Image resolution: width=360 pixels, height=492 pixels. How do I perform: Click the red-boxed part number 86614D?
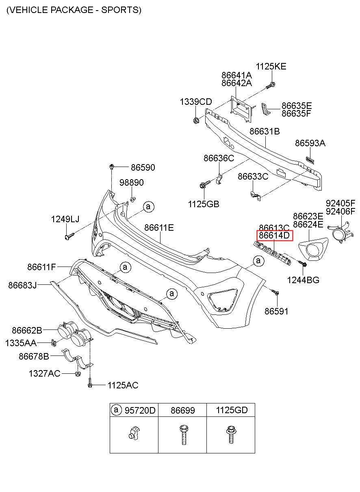pyautogui.click(x=274, y=236)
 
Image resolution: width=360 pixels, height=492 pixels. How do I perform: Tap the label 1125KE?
pyautogui.click(x=271, y=66)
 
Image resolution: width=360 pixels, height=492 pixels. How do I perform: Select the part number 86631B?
pyautogui.click(x=265, y=131)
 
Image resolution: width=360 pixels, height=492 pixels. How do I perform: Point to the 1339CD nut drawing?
pyautogui.click(x=196, y=120)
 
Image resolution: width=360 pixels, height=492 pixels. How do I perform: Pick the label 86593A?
pyautogui.click(x=310, y=143)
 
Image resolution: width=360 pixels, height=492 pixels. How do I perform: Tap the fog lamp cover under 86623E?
pyautogui.click(x=313, y=249)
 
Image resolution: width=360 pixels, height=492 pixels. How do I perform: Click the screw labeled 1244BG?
pyautogui.click(x=302, y=263)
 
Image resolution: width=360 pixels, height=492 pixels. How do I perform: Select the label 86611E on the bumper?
pyautogui.click(x=159, y=228)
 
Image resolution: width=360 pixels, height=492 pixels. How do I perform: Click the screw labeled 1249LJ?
pyautogui.click(x=69, y=236)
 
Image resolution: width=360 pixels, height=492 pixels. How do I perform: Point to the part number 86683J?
pyautogui.click(x=22, y=285)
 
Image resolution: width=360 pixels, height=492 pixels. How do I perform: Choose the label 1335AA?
pyautogui.click(x=21, y=343)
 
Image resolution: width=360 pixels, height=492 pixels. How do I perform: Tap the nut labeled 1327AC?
pyautogui.click(x=77, y=373)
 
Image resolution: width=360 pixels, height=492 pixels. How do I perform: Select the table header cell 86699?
pyautogui.click(x=183, y=410)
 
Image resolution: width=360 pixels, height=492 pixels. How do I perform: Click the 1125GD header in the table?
pyautogui.click(x=232, y=410)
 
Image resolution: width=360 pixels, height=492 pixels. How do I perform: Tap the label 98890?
pyautogui.click(x=132, y=182)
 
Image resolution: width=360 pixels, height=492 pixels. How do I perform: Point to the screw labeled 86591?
pyautogui.click(x=275, y=292)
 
